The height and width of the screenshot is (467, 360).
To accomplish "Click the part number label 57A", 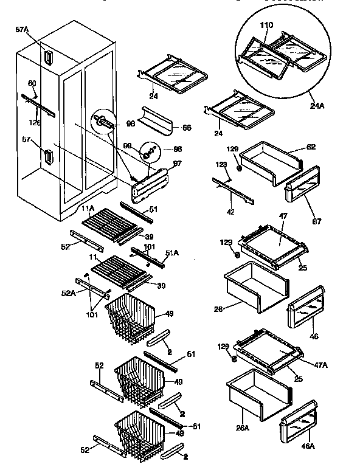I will click(x=22, y=29).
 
